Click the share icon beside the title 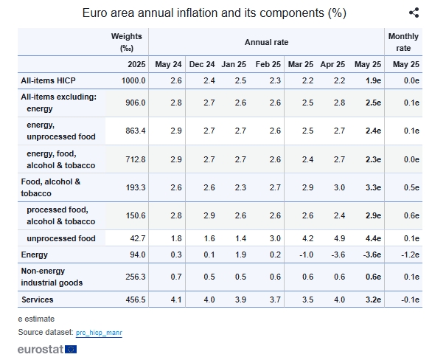click(414, 13)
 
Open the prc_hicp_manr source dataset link click(99, 333)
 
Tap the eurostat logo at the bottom click(47, 349)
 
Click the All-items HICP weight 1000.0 click(133, 80)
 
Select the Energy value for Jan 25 click(240, 255)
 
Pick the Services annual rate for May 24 click(176, 300)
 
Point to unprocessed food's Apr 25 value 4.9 click(339, 238)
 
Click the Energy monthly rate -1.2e click(410, 255)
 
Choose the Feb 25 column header click(268, 64)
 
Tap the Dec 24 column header click(202, 64)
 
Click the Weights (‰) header click(127, 42)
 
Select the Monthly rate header click(403, 42)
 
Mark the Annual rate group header click(266, 42)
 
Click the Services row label click(37, 300)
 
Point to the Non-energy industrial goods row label click(52, 277)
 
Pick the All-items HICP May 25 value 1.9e click(373, 80)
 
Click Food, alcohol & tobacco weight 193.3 click(136, 187)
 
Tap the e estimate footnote click(36, 319)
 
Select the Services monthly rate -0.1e click(410, 300)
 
